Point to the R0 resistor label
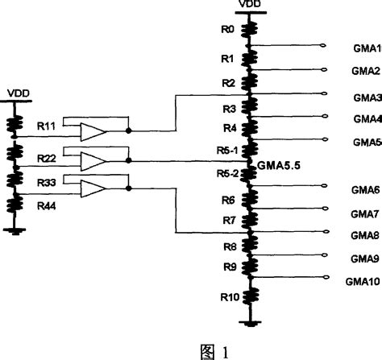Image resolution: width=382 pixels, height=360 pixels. tap(227, 30)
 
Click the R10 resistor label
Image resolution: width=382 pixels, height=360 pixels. tap(227, 297)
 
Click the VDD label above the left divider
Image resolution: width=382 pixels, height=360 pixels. tap(19, 93)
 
